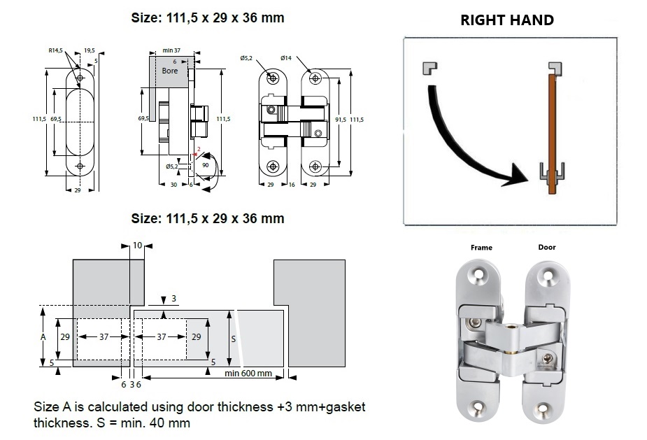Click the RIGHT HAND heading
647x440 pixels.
pos(506,20)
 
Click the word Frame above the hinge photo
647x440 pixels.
pos(481,248)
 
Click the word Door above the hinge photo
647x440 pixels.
pos(546,248)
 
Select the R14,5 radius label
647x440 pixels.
pos(57,50)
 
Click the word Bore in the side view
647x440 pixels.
pos(170,71)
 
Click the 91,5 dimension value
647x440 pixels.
pos(341,120)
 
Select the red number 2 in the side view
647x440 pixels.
pos(199,150)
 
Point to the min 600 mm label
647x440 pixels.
pos(248,373)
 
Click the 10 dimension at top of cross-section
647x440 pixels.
pos(136,246)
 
